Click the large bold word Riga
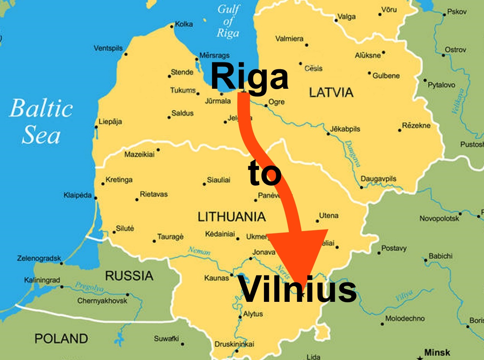click(x=249, y=77)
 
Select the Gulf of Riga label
click(x=228, y=21)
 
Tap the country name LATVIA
click(x=331, y=92)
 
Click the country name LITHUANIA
click(x=231, y=217)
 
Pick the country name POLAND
click(x=61, y=338)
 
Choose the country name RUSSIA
click(x=129, y=275)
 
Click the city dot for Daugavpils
click(x=362, y=187)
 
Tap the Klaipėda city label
click(x=78, y=195)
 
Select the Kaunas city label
click(x=217, y=278)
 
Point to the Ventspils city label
click(x=108, y=48)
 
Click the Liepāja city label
click(x=110, y=122)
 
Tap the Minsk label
click(x=437, y=352)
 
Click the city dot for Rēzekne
click(x=400, y=130)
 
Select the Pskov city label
click(x=457, y=12)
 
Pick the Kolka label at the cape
click(x=184, y=24)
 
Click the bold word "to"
click(x=265, y=173)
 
